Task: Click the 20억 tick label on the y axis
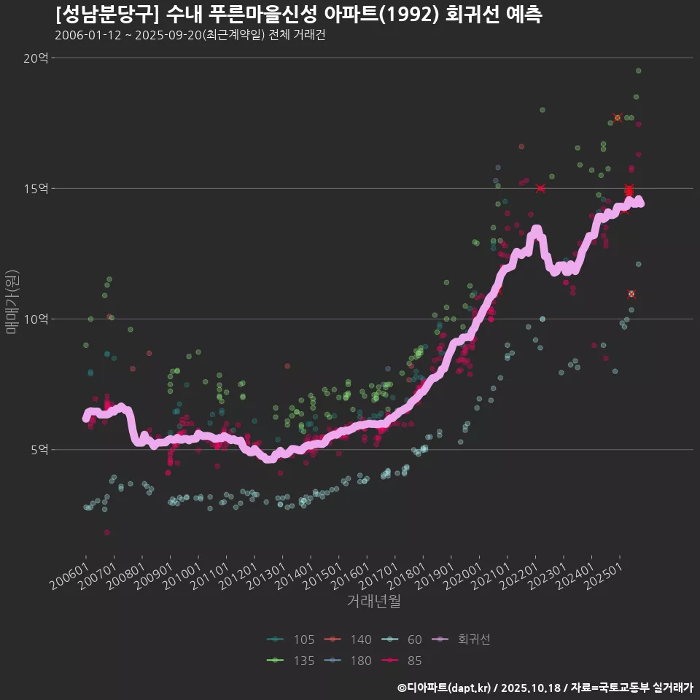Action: pos(35,58)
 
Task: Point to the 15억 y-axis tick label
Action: pos(35,189)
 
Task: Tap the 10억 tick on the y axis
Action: pos(35,319)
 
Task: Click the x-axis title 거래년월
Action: pos(373,602)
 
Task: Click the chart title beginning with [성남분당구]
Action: pos(299,15)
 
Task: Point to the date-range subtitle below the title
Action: pos(190,35)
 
